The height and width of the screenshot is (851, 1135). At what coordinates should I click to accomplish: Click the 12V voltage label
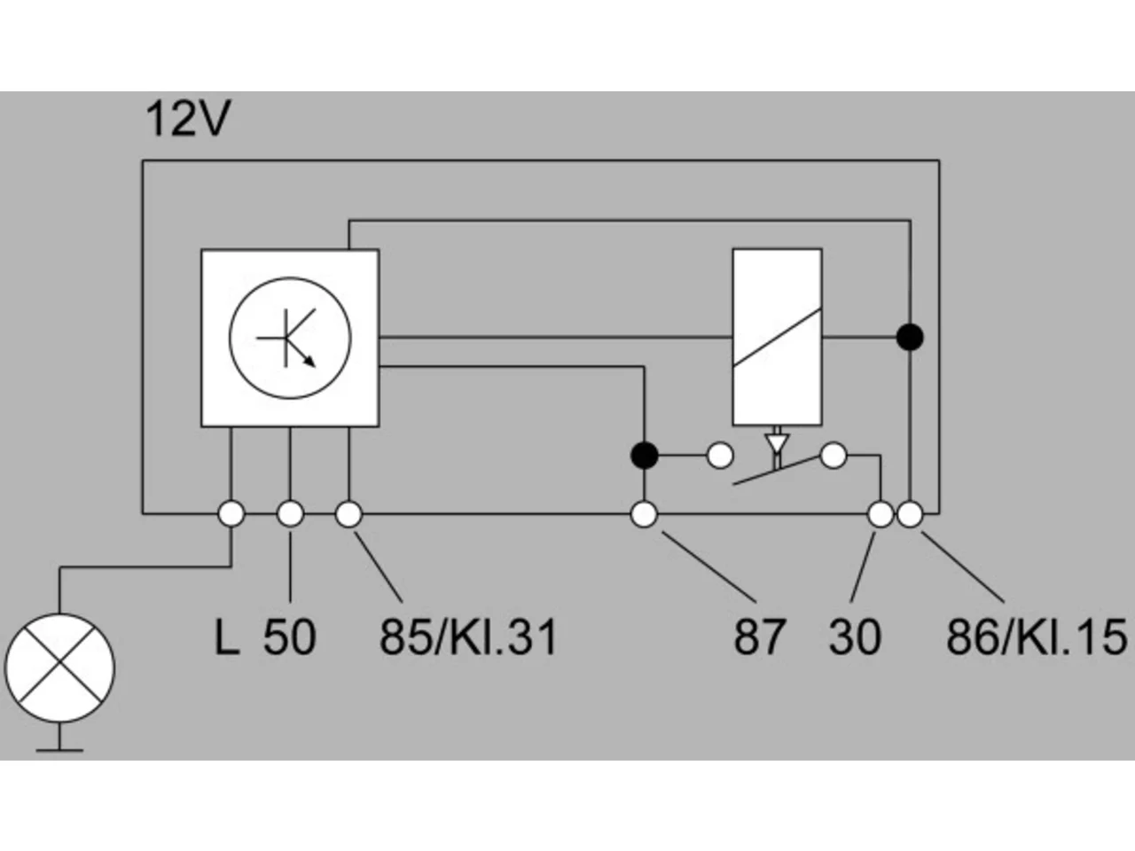click(188, 118)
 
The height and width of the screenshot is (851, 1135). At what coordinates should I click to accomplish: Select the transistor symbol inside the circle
click(286, 339)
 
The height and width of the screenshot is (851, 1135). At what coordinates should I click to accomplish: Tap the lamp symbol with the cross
click(59, 668)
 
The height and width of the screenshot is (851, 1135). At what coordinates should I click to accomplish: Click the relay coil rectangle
click(777, 338)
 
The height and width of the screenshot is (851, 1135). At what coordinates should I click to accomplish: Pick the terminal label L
click(226, 637)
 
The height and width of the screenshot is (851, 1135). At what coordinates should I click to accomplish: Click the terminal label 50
click(290, 637)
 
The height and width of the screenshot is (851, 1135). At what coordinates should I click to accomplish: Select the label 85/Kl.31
click(468, 637)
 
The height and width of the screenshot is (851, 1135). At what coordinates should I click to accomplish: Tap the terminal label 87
click(759, 637)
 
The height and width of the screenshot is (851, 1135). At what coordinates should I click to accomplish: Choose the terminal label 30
click(855, 637)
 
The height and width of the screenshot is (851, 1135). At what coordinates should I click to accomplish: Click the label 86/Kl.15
click(1037, 637)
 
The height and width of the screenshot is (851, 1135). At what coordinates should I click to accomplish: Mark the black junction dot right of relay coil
click(910, 338)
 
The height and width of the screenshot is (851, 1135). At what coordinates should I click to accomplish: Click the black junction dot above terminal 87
click(645, 456)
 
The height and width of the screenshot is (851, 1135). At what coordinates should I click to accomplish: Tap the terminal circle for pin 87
click(645, 515)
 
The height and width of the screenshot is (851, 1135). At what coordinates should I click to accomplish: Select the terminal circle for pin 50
click(290, 514)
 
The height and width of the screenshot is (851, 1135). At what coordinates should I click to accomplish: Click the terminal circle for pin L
click(231, 514)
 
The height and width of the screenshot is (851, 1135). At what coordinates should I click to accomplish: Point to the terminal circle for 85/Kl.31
click(348, 514)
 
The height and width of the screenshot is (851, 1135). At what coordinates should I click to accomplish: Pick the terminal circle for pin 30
click(881, 515)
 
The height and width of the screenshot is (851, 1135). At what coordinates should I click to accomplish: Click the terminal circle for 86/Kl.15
click(910, 515)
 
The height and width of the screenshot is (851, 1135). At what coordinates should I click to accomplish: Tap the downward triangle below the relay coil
click(777, 443)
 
